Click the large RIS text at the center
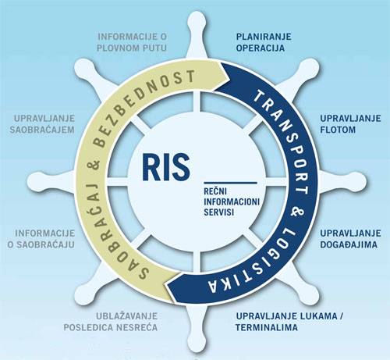tap(165, 167)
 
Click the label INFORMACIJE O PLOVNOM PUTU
tap(132, 42)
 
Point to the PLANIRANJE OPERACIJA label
tap(264, 42)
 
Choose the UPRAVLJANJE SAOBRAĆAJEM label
tap(42, 124)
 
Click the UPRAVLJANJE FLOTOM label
tap(350, 124)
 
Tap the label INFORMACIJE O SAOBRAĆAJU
tap(41, 239)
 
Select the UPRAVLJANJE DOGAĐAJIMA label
tap(350, 239)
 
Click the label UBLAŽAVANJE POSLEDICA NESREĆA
tap(111, 322)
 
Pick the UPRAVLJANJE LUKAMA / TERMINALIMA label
tap(289, 322)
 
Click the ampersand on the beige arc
tap(95, 165)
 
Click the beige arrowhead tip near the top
tap(229, 77)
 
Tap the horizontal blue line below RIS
tap(230, 183)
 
